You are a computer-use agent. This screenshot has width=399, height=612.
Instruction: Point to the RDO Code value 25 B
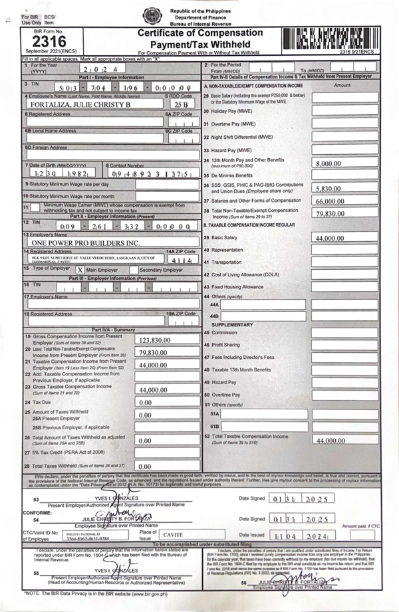180,105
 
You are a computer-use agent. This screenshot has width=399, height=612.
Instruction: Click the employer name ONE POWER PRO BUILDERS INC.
70,243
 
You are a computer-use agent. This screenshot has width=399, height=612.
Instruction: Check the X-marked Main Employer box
80,270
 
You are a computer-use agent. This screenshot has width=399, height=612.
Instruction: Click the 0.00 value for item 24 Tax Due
145,402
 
